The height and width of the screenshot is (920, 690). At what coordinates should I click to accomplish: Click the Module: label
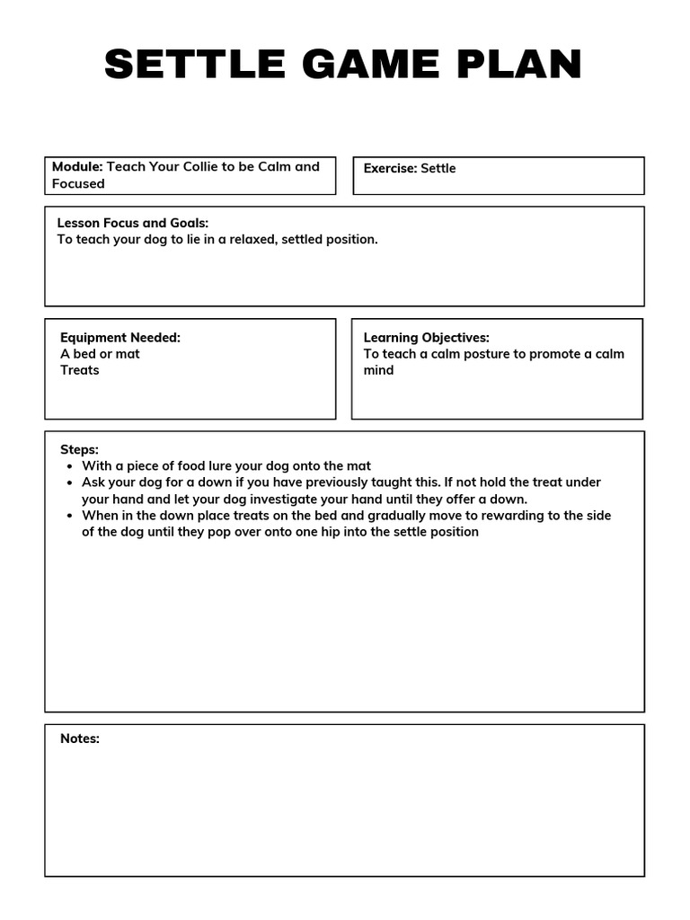coord(77,166)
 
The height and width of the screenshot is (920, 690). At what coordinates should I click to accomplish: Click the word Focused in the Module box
coord(78,183)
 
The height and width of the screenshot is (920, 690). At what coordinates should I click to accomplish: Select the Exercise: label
coord(390,168)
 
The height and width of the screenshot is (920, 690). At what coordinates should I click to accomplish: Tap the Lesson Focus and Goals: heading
coord(133,223)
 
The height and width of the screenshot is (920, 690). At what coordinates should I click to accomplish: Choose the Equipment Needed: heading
coord(120,338)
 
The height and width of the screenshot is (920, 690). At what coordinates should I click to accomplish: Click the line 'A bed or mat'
coord(100,354)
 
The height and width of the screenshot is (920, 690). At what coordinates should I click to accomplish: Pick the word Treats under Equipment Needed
coord(80,370)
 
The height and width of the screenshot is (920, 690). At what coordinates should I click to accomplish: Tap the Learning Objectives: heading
coord(426,338)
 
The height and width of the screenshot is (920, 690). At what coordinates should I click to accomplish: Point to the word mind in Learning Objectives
coord(378,370)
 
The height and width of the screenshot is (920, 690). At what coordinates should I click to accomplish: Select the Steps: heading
coord(79,449)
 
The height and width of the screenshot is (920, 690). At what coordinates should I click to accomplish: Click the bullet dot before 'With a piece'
coord(70,466)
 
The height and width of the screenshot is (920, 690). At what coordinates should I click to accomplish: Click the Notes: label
coord(80,739)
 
